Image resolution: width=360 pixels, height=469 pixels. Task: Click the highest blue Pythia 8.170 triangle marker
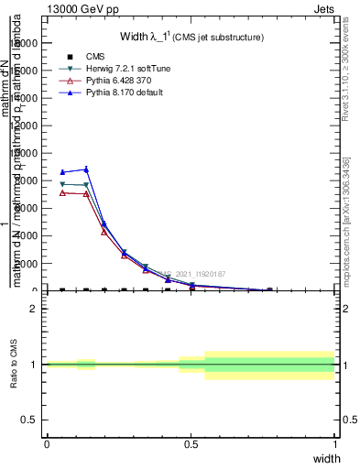click(86, 169)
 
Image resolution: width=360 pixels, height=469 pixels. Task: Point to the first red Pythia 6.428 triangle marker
click(62, 192)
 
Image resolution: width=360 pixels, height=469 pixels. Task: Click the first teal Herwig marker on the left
click(62, 184)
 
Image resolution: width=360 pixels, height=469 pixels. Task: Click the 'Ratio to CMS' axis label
click(14, 365)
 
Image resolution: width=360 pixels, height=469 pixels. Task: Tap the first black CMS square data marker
click(62, 289)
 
